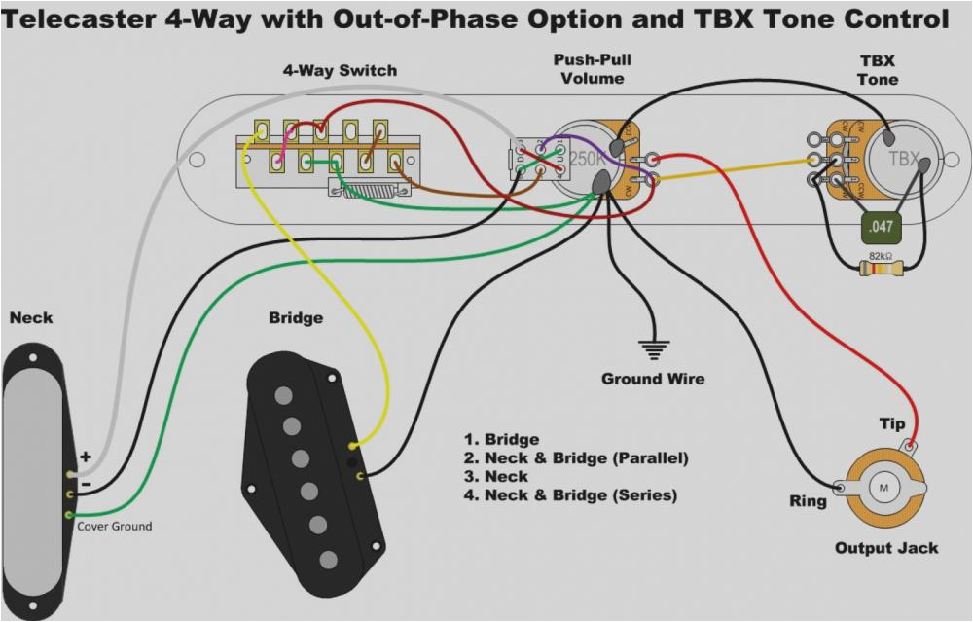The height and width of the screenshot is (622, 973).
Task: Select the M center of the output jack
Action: click(884, 485)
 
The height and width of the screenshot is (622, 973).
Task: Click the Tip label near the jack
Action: click(891, 423)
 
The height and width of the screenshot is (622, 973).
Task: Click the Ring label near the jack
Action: click(807, 502)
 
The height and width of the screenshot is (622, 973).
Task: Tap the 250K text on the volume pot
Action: click(588, 158)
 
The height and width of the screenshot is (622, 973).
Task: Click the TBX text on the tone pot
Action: click(903, 159)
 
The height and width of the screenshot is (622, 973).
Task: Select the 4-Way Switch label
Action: click(340, 71)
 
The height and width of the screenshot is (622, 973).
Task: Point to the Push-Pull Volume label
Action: click(593, 69)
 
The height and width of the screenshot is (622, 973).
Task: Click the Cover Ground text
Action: click(115, 527)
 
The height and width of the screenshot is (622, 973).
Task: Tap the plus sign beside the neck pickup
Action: click(86, 456)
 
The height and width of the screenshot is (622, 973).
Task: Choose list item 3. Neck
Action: click(496, 477)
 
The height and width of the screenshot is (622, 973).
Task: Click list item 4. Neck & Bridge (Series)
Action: click(569, 495)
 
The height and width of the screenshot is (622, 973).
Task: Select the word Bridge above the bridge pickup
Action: click(295, 318)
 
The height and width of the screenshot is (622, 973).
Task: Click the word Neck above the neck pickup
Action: click(31, 318)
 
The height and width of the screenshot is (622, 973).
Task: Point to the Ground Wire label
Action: click(652, 379)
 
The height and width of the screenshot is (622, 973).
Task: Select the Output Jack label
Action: click(885, 548)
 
